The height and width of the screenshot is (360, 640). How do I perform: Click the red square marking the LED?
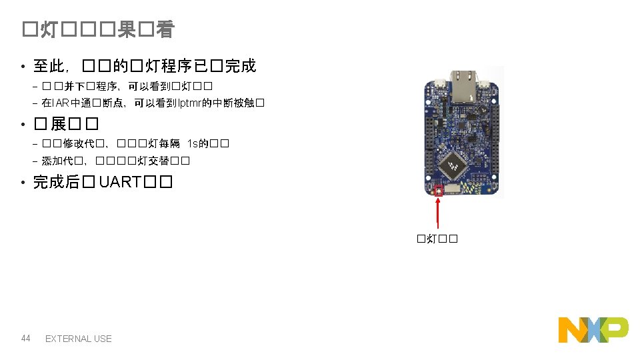point(439,191)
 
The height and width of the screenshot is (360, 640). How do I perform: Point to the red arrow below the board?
point(437,213)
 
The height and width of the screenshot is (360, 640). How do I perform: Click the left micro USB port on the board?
point(440,84)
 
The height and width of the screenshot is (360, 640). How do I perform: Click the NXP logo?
point(593,330)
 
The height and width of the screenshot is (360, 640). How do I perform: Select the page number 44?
point(26,339)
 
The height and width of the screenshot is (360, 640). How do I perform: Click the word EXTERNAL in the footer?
point(68,339)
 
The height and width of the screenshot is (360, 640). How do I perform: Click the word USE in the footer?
point(103,339)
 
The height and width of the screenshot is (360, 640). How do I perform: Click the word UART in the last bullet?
point(119,182)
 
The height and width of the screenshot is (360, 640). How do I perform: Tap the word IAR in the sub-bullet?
point(59,103)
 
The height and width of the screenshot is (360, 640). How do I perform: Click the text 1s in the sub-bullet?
point(193,144)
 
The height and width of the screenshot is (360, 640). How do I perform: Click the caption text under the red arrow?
point(437,239)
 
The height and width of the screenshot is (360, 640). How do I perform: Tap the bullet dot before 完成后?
point(22,183)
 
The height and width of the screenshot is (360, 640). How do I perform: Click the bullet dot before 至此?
point(22,67)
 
